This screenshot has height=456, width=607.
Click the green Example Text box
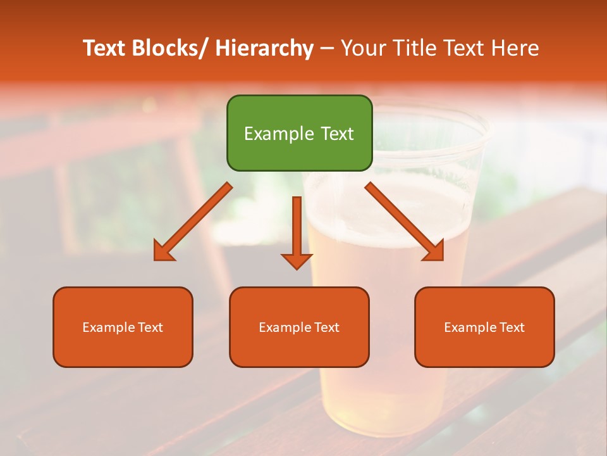pyautogui.click(x=299, y=133)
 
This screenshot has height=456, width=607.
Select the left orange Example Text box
pyautogui.click(x=123, y=327)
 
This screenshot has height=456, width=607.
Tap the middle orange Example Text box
pyautogui.click(x=299, y=327)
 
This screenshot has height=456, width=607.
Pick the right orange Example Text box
pyautogui.click(x=484, y=327)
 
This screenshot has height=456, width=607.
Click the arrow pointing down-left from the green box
pyautogui.click(x=193, y=222)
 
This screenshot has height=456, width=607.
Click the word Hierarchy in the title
pyautogui.click(x=264, y=48)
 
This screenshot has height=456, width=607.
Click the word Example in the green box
pyautogui.click(x=270, y=134)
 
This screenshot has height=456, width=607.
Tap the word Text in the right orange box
pyautogui.click(x=512, y=327)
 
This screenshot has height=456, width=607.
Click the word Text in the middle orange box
pyautogui.click(x=326, y=327)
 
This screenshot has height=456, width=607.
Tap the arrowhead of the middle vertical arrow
pyautogui.click(x=297, y=260)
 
